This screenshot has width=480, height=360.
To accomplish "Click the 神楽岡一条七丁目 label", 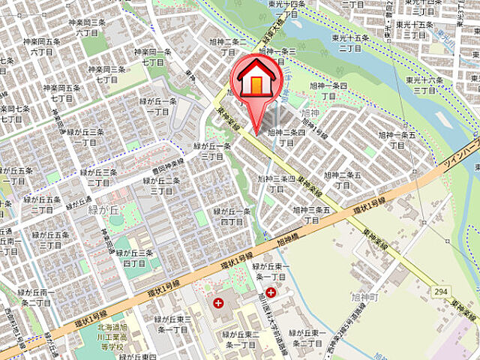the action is [153, 58].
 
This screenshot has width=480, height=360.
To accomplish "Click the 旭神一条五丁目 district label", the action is [397, 139].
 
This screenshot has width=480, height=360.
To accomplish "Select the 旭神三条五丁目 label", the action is [311, 215].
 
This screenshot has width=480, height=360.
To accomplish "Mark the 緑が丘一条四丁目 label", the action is [231, 217].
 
